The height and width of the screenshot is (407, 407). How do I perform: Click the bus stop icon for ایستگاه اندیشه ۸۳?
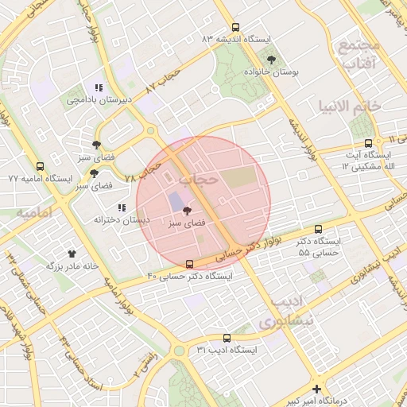tap(235, 27)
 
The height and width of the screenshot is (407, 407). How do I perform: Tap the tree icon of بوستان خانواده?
tap(272, 60)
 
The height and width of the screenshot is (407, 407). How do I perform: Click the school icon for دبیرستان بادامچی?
tap(98, 88)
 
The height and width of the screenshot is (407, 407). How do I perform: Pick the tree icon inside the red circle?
tap(188, 211)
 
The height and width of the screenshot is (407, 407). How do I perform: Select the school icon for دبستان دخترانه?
tap(122, 207)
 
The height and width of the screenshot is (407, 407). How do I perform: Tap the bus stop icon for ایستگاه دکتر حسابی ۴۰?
tap(189, 264)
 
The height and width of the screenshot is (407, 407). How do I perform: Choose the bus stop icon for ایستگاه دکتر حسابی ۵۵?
tap(319, 229)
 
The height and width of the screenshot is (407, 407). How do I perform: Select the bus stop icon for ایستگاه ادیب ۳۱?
tap(227, 338)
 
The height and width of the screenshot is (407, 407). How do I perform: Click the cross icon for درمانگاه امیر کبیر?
tap(317, 390)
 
